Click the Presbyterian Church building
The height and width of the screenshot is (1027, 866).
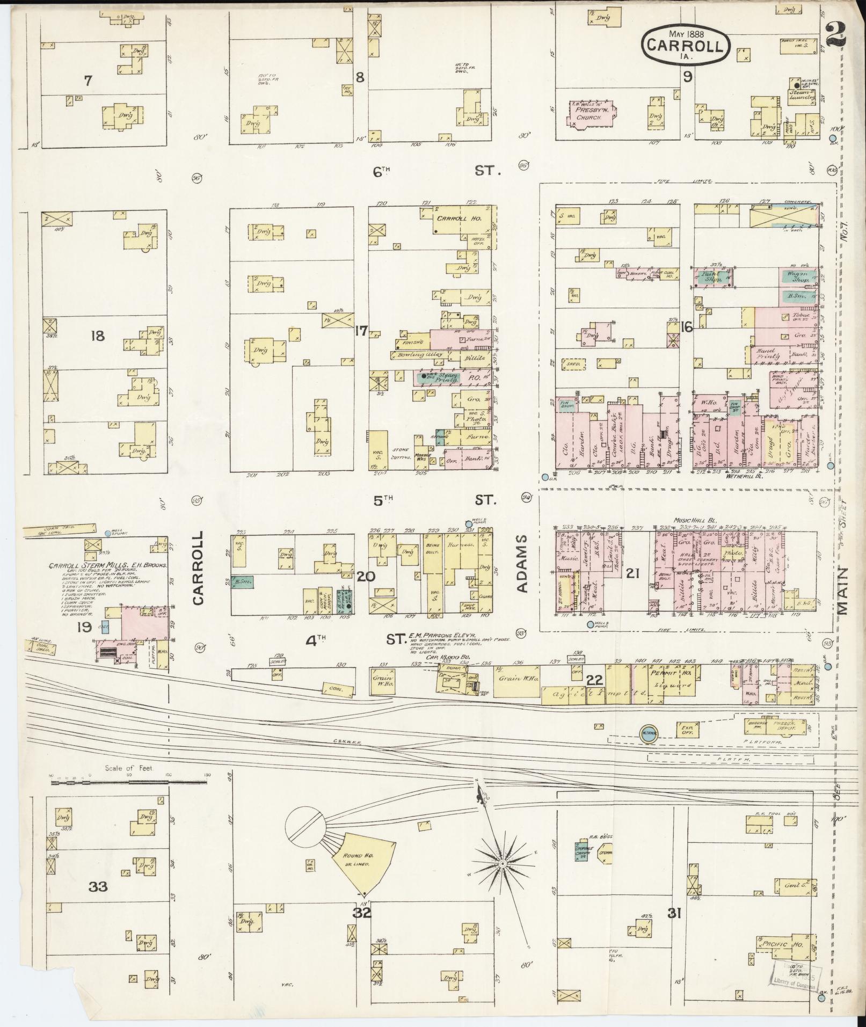click(x=592, y=113)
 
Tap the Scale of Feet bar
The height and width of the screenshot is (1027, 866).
click(x=129, y=782)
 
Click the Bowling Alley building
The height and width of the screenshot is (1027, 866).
click(x=420, y=355)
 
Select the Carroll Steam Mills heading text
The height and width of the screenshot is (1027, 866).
click(x=107, y=565)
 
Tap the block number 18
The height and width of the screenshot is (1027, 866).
click(x=98, y=337)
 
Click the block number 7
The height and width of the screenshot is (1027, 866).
click(x=88, y=81)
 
